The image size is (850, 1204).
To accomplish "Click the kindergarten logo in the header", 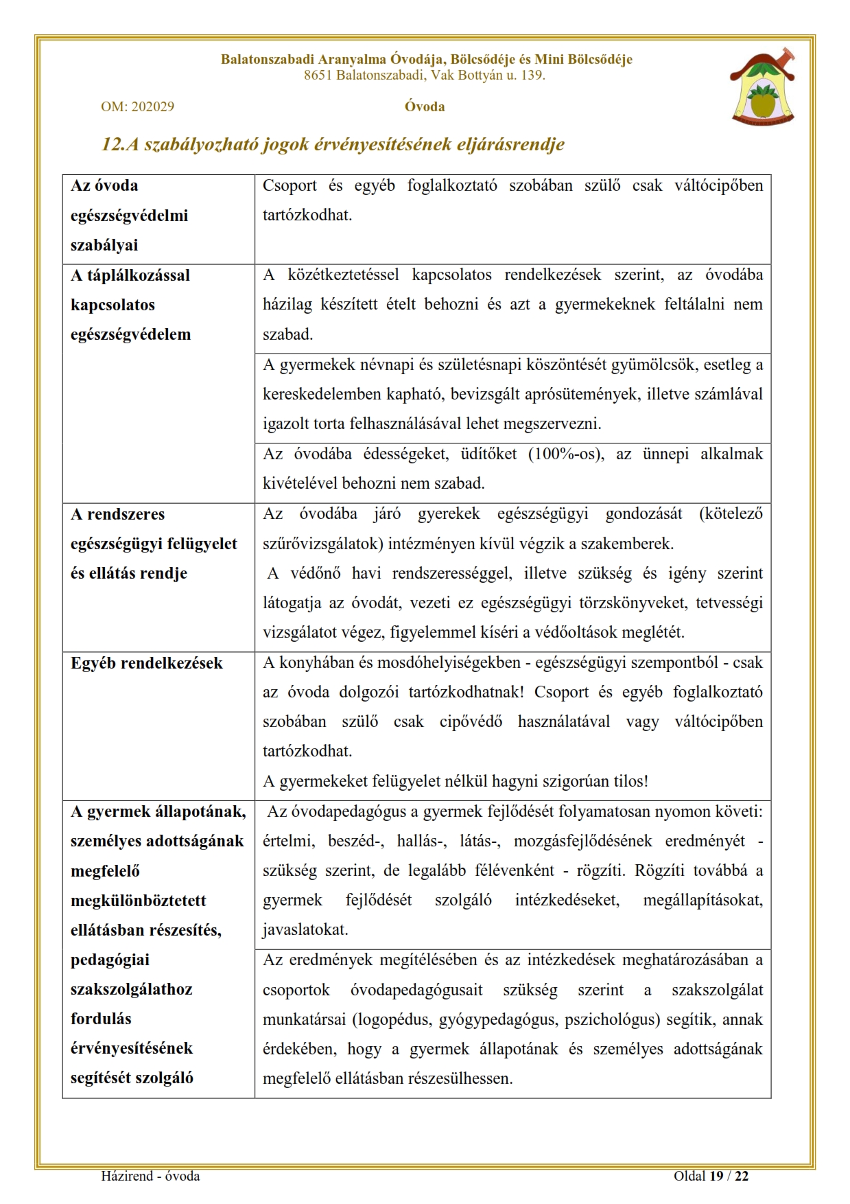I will click(x=764, y=87).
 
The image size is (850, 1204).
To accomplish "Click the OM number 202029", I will click(x=152, y=106).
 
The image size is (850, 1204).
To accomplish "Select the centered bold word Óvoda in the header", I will click(x=425, y=106).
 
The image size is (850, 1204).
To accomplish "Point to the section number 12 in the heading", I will click(x=110, y=144).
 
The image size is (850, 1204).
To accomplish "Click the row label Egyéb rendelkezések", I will click(x=147, y=663).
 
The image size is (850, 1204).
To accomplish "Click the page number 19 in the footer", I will click(x=716, y=1176).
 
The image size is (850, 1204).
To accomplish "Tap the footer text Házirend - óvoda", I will click(x=150, y=1176).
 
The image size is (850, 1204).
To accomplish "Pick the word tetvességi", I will click(x=729, y=603).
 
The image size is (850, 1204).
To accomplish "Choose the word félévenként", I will click(x=515, y=870).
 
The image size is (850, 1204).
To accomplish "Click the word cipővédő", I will click(x=471, y=721).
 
